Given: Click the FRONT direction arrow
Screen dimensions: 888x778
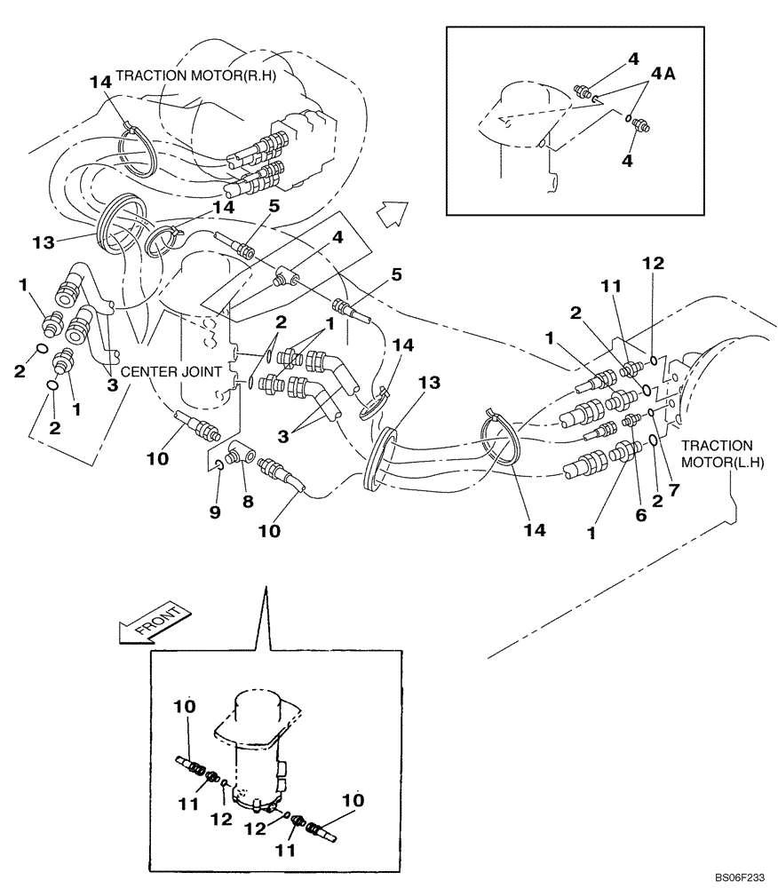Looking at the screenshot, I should tap(155, 622).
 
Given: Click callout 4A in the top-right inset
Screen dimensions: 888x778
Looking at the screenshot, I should tap(665, 75).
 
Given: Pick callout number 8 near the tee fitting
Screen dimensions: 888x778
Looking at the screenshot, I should tap(248, 501).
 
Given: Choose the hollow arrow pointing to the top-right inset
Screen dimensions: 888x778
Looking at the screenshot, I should tap(390, 213).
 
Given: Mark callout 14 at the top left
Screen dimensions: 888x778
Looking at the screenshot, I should tap(100, 82).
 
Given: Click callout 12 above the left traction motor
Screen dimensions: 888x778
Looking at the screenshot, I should tap(654, 263).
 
